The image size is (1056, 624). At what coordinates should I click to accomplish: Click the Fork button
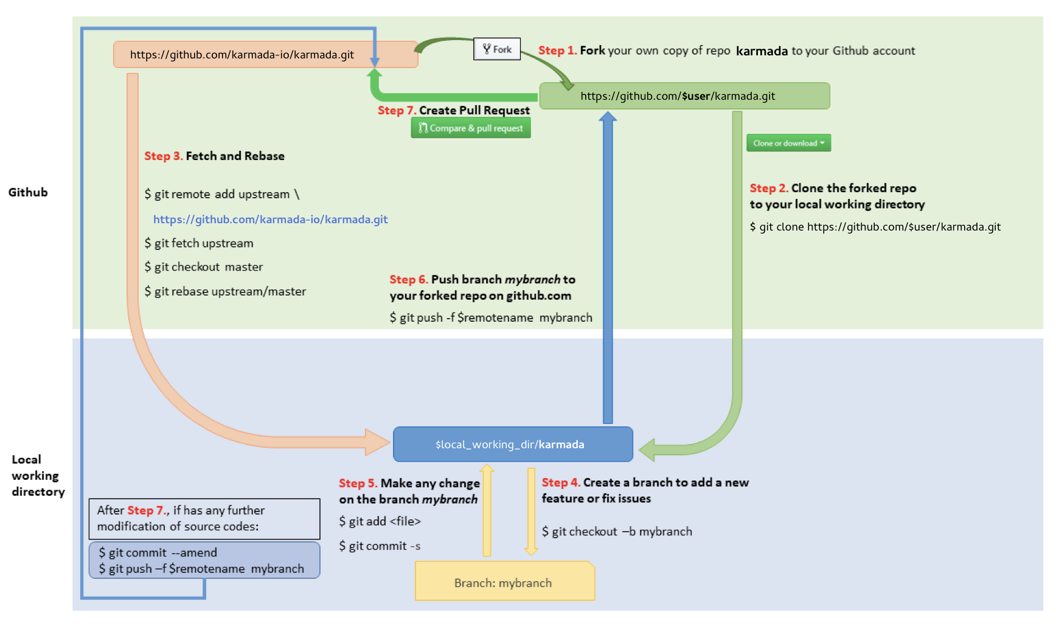497,49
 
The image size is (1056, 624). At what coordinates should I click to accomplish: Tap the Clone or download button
788,143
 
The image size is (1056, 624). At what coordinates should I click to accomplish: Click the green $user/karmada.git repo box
684,96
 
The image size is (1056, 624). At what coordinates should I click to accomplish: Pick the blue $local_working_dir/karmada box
512,445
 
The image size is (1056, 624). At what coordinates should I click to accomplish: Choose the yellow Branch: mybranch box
504,582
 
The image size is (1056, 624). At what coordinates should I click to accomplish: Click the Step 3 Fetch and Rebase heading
214,156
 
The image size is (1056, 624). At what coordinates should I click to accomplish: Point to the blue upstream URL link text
270,220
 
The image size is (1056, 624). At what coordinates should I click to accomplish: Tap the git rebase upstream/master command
225,291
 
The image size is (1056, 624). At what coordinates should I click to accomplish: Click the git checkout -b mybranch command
617,532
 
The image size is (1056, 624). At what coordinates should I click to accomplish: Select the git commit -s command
380,546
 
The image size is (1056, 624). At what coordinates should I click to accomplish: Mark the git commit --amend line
158,552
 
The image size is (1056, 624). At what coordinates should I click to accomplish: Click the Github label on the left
28,192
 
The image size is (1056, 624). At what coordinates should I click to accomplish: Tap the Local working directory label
36,476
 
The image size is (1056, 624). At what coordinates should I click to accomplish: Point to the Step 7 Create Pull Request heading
453,111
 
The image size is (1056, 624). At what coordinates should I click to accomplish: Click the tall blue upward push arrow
608,268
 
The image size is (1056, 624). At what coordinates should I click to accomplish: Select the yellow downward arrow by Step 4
531,511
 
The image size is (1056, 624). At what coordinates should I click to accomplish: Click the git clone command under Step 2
875,227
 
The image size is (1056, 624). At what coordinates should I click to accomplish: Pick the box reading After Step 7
204,519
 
